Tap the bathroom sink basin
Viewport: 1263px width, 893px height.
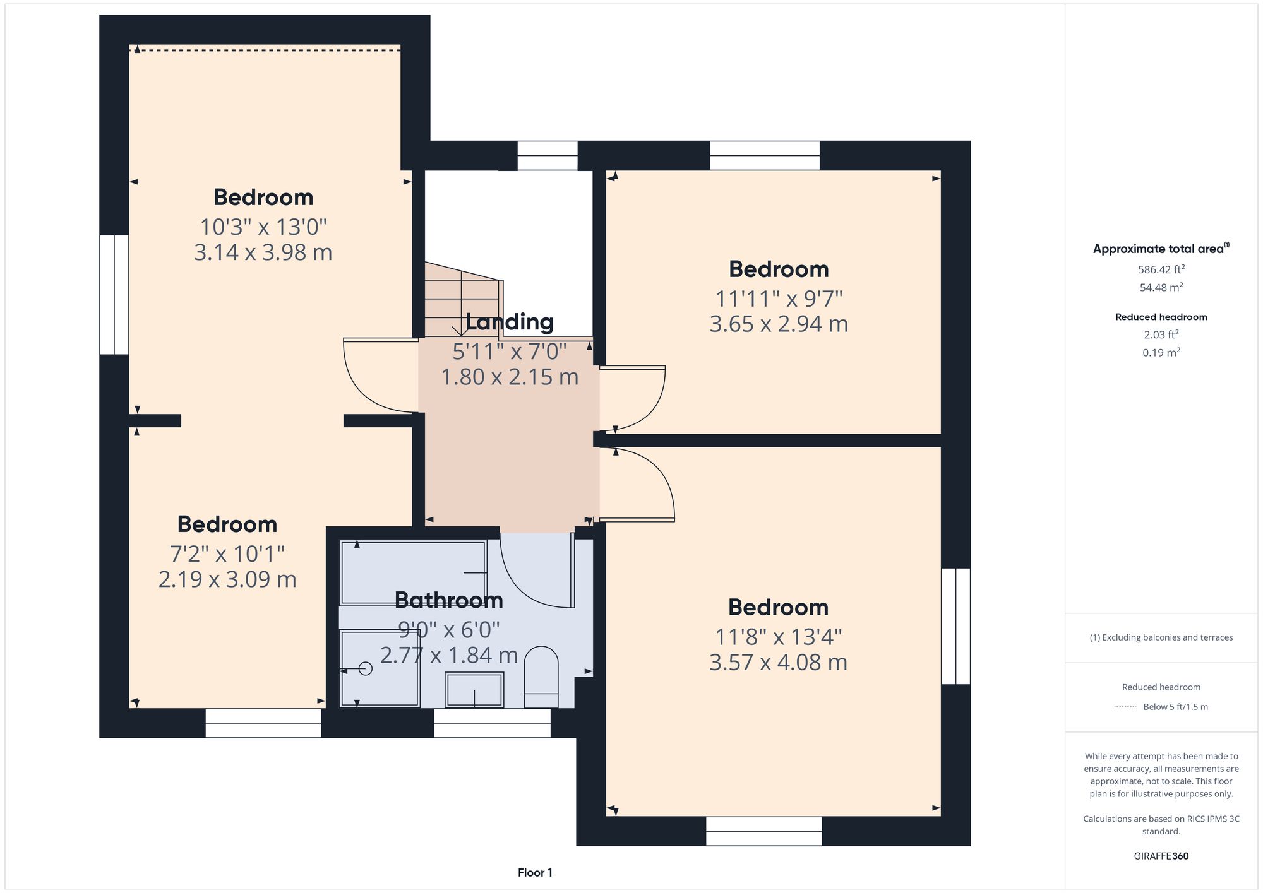coord(474,690)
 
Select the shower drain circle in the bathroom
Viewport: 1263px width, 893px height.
coord(366,668)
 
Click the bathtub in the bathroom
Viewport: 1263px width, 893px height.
coord(413,572)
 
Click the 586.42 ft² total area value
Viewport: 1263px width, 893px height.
coord(1161,269)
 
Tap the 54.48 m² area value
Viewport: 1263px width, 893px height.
coord(1161,287)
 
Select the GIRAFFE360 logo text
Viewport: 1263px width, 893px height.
coord(1161,856)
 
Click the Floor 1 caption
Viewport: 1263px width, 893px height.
coord(535,873)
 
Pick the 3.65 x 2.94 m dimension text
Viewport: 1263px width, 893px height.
coord(778,324)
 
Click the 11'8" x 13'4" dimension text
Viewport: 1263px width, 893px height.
coord(778,637)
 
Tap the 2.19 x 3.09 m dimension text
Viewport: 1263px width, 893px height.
coord(227,579)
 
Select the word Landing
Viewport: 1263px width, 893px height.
coord(510,322)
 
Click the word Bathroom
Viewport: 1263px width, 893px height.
coord(448,600)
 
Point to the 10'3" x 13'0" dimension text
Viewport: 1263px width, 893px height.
coord(263,227)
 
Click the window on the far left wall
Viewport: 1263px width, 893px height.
coord(114,295)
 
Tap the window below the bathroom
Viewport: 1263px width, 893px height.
coord(492,723)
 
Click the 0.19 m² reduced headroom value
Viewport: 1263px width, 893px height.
coord(1161,352)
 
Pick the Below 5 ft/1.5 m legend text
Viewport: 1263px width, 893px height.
coord(1175,707)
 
